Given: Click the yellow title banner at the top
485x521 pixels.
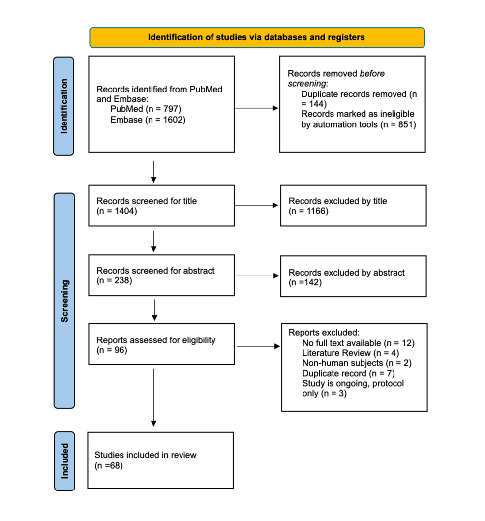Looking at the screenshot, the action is click(257, 37).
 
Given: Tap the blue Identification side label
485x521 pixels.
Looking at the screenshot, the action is click(63, 106).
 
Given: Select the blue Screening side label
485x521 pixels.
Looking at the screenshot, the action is click(64, 301).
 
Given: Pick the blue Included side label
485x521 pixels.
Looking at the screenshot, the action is click(64, 461).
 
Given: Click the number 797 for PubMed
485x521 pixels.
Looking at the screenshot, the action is click(171, 109).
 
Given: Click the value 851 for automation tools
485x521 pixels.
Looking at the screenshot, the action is click(406, 124).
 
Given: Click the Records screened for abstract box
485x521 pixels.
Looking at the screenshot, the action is click(161, 276).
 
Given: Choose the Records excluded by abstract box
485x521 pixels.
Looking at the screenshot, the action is click(354, 276).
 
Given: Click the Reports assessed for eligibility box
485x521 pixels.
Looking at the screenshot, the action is click(161, 344).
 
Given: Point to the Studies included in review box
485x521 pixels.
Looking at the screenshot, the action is click(160, 460).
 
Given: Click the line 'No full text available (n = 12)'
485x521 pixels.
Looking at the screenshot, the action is click(359, 343).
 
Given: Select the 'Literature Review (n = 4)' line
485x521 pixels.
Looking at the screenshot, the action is click(351, 353).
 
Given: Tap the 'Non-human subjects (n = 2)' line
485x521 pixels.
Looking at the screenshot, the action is click(357, 363).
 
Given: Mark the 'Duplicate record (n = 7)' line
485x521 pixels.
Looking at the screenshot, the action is click(348, 373).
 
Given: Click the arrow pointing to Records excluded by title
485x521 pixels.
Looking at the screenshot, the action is click(256, 205).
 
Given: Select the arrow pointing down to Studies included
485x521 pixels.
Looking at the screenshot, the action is click(153, 398).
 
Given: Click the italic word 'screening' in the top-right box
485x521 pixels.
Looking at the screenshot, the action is click(307, 84).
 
